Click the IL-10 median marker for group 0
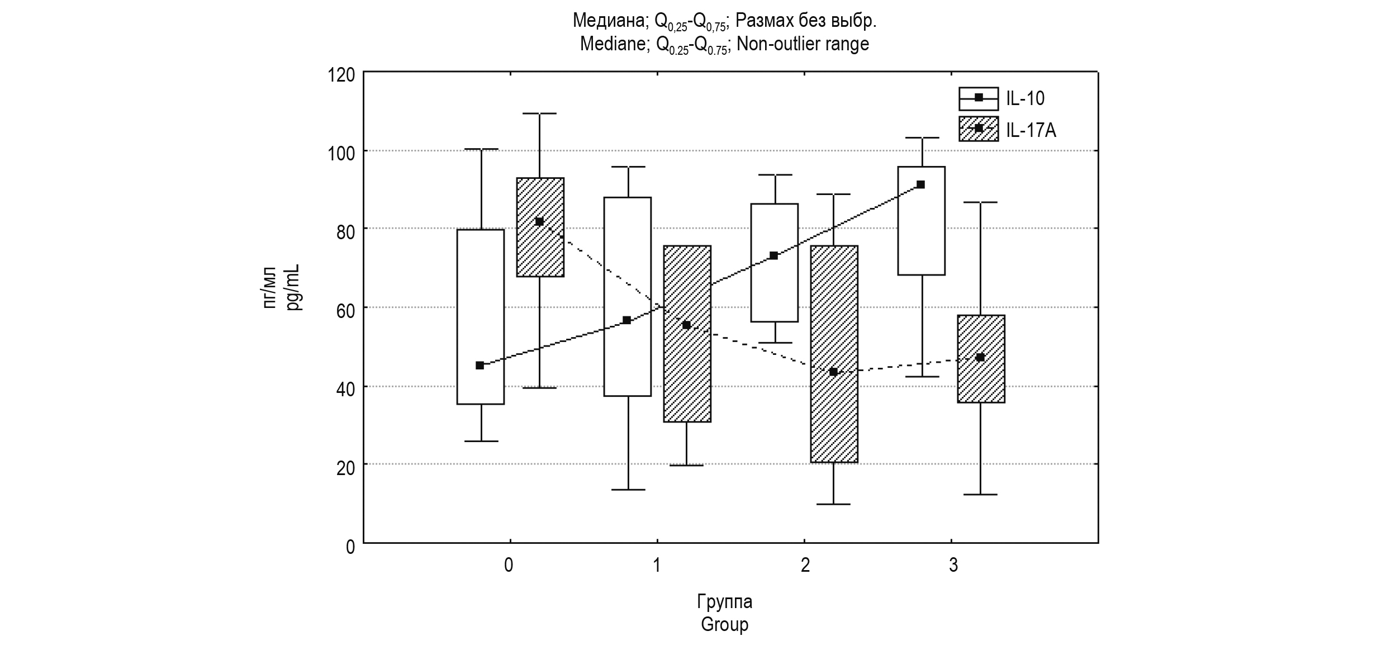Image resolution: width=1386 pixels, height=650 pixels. (x=480, y=366)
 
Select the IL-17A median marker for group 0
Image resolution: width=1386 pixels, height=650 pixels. (x=539, y=222)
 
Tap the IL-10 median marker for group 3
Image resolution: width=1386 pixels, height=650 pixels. (x=921, y=184)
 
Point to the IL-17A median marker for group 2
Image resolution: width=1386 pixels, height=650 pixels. (x=833, y=372)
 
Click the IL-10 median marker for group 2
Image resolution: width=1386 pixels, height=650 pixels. (x=773, y=255)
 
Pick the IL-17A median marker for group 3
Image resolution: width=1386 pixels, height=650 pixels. (x=980, y=357)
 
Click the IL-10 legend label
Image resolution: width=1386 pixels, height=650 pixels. (x=1025, y=98)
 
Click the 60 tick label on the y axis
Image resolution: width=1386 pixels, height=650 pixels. (x=345, y=310)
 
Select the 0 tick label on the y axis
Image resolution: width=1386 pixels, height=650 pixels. (x=350, y=546)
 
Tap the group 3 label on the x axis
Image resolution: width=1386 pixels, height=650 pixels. (x=953, y=566)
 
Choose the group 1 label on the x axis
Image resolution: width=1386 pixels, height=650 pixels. (x=657, y=566)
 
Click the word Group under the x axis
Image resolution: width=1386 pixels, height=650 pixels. (x=724, y=624)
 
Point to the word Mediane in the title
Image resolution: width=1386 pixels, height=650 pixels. (x=612, y=44)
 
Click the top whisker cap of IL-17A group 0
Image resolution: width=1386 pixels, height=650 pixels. (x=540, y=113)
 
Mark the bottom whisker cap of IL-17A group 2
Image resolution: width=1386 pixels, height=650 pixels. (x=833, y=504)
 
